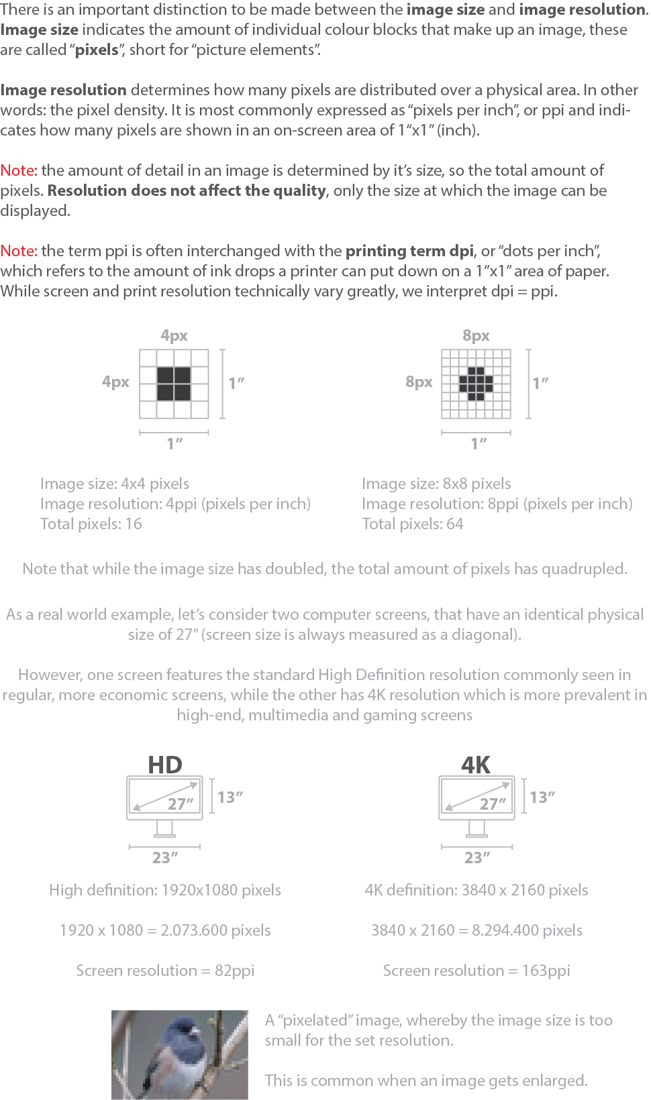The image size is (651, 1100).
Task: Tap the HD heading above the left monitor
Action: tap(165, 765)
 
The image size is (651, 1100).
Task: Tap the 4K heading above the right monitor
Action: tap(476, 765)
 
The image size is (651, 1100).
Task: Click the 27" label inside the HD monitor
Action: tap(181, 804)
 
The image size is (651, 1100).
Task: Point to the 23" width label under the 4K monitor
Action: tap(477, 857)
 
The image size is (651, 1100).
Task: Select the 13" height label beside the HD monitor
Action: tap(230, 797)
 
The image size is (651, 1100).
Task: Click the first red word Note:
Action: tap(19, 170)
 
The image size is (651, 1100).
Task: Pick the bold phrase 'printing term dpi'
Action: tap(409, 251)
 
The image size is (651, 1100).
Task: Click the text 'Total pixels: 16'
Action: tap(91, 524)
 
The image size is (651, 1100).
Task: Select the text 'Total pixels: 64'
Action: tap(413, 524)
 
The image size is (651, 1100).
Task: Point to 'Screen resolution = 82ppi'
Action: tap(165, 971)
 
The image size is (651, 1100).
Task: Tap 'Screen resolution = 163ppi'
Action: tap(477, 971)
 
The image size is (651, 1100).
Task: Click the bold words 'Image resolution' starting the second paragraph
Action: tap(64, 90)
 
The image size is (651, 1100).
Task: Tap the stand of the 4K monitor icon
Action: tap(477, 829)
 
